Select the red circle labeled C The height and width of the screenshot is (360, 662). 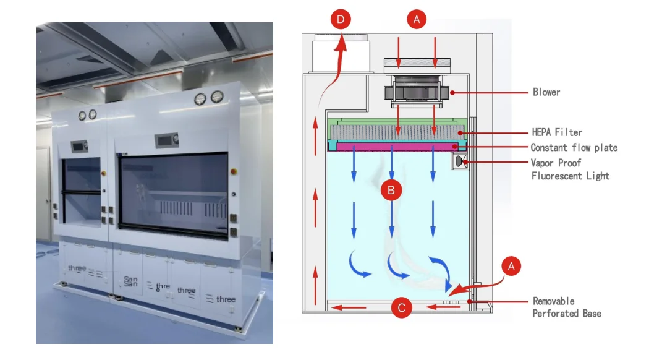pyautogui.click(x=402, y=307)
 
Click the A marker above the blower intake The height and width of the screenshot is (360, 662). pyautogui.click(x=417, y=19)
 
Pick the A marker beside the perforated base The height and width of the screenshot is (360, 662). pyautogui.click(x=511, y=267)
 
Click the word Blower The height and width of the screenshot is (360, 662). pyautogui.click(x=546, y=92)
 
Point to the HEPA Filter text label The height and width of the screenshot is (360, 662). pyautogui.click(x=556, y=132)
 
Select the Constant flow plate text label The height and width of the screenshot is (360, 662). pyautogui.click(x=574, y=147)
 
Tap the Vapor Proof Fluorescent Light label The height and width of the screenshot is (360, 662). pyautogui.click(x=570, y=169)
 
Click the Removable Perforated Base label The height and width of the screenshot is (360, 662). pyautogui.click(x=566, y=307)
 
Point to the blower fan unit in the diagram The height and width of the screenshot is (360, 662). pyautogui.click(x=415, y=91)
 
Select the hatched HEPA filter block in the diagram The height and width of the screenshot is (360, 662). pyautogui.click(x=396, y=131)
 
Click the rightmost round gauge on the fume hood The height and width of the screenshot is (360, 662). pyautogui.click(x=216, y=97)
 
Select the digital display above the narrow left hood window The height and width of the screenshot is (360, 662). pyautogui.click(x=79, y=147)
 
